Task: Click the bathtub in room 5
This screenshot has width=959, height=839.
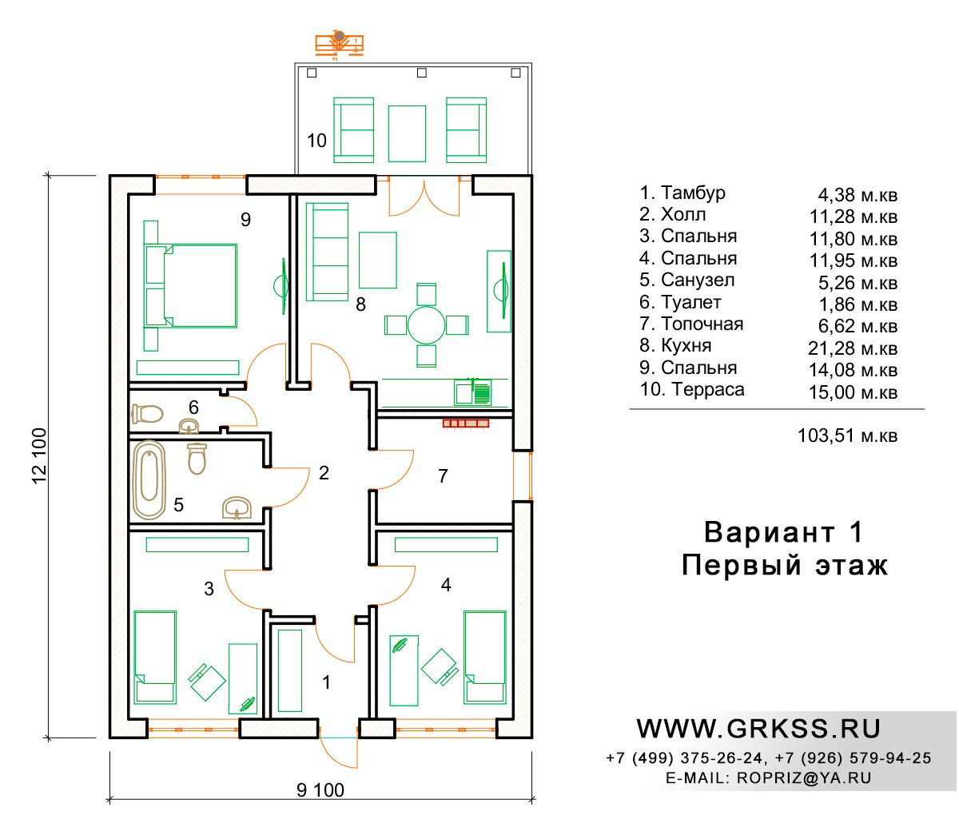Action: pyautogui.click(x=149, y=480)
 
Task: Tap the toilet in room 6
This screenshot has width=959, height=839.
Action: pyautogui.click(x=147, y=414)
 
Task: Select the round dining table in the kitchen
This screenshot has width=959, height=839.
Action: pyautogui.click(x=426, y=325)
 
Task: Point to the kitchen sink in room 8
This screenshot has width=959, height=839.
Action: pyautogui.click(x=472, y=392)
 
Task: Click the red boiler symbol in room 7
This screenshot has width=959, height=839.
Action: pyautogui.click(x=466, y=423)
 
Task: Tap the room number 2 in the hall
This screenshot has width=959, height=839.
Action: pyautogui.click(x=324, y=473)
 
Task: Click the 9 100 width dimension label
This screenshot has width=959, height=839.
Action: pyautogui.click(x=320, y=790)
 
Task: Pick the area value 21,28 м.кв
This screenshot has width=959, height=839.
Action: pyautogui.click(x=853, y=348)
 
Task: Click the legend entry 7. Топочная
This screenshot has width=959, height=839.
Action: pyautogui.click(x=691, y=324)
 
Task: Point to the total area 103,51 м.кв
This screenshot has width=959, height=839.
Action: pyautogui.click(x=847, y=435)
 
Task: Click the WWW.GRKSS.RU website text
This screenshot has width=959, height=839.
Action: pyautogui.click(x=758, y=729)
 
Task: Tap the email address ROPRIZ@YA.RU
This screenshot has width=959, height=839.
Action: pyautogui.click(x=804, y=777)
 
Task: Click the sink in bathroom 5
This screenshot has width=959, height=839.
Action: pyautogui.click(x=237, y=507)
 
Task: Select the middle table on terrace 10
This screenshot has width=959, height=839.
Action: pyautogui.click(x=407, y=133)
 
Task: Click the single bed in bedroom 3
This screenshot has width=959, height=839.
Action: pyautogui.click(x=155, y=657)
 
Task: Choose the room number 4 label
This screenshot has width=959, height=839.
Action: pyautogui.click(x=446, y=585)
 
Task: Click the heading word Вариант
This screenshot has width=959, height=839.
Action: pyautogui.click(x=770, y=532)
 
